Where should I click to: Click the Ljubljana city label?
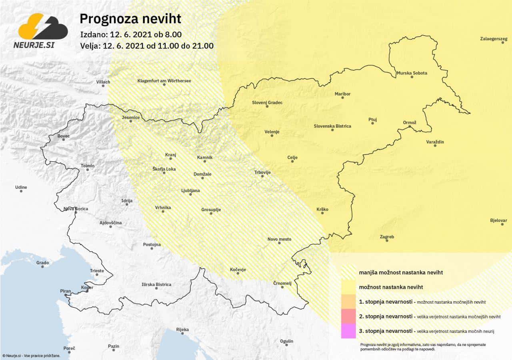(x=190, y=190)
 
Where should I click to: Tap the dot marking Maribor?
(x=343, y=98)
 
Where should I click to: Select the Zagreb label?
(x=387, y=237)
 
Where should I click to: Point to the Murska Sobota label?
(x=412, y=73)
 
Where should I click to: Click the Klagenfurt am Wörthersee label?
(x=164, y=81)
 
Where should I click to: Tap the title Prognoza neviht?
(x=130, y=19)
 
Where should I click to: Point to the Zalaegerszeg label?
(x=494, y=39)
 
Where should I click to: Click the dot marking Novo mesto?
(x=279, y=243)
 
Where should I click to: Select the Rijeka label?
(x=182, y=330)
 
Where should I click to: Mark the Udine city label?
(x=21, y=187)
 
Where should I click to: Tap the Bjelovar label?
(x=498, y=220)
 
